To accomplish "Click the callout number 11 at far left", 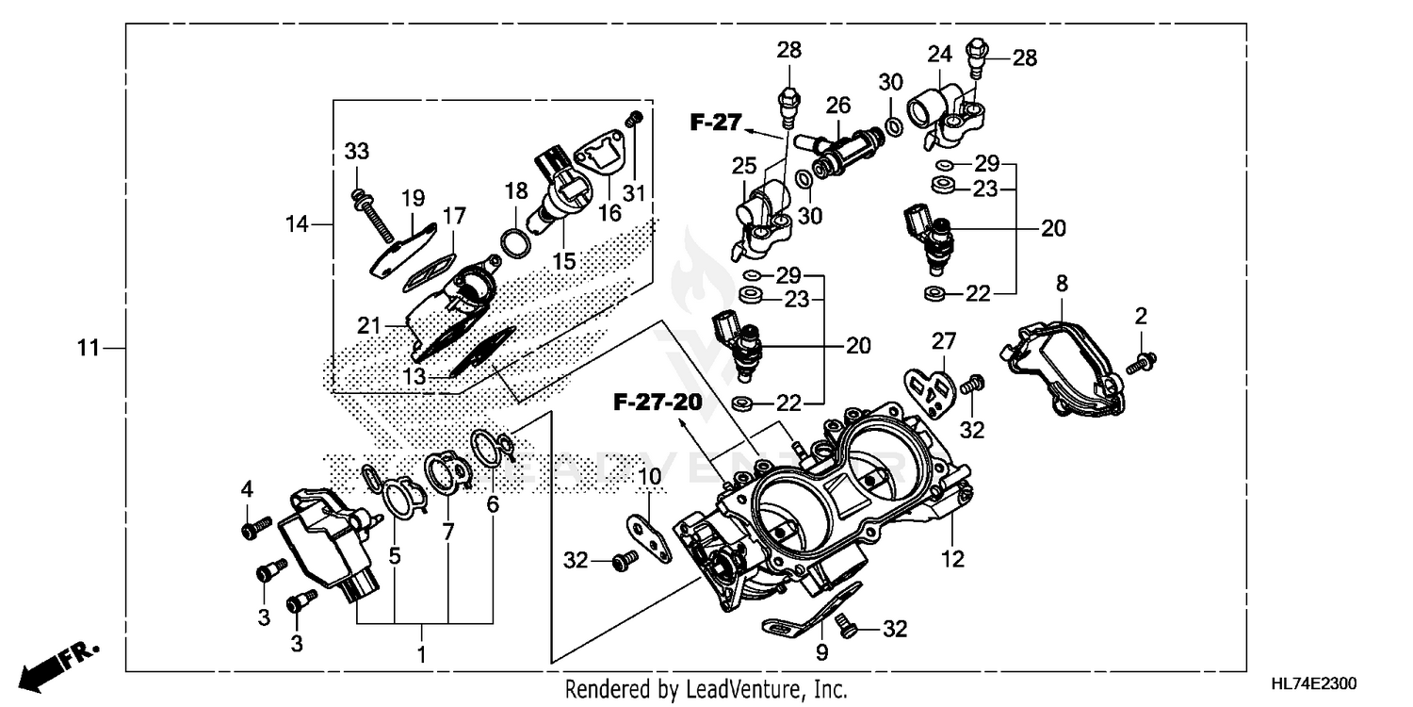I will pos(88,349).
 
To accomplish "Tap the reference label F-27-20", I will pos(658,403).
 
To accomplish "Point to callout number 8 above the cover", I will pos(1062,282).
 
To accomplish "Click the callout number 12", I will pos(953,559).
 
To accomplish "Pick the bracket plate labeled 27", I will pos(928,386).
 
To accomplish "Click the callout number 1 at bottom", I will pos(421,653).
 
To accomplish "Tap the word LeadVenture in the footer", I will pos(734,689).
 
